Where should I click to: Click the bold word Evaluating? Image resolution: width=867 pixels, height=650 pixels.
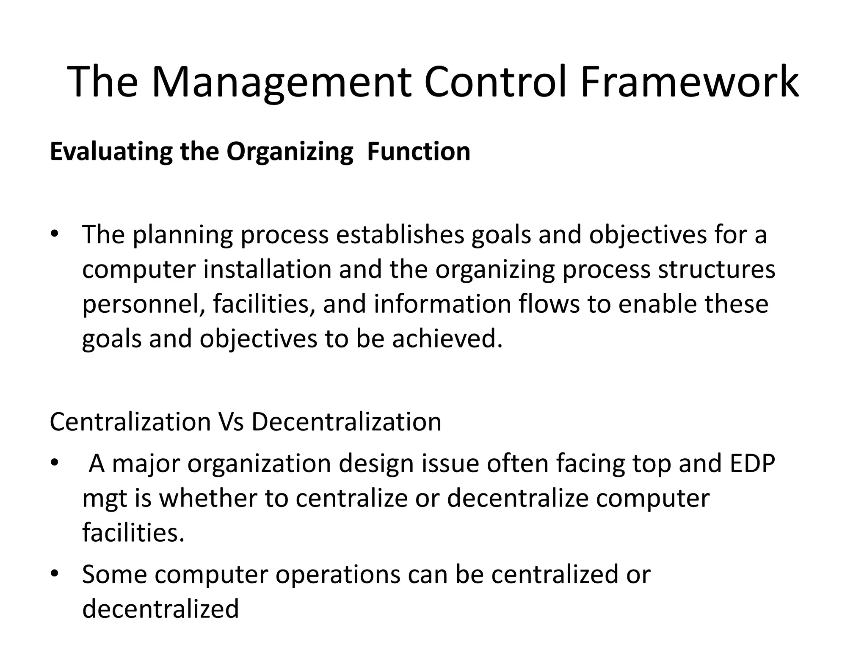111,151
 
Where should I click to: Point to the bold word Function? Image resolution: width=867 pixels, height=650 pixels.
419,151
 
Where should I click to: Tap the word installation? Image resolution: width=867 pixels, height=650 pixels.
267,270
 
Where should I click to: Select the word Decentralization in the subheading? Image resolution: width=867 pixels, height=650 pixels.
346,421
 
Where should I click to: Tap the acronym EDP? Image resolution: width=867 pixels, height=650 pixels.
752,463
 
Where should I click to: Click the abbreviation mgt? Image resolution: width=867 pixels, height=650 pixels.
105,499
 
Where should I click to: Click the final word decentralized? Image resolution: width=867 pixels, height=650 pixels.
160,609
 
